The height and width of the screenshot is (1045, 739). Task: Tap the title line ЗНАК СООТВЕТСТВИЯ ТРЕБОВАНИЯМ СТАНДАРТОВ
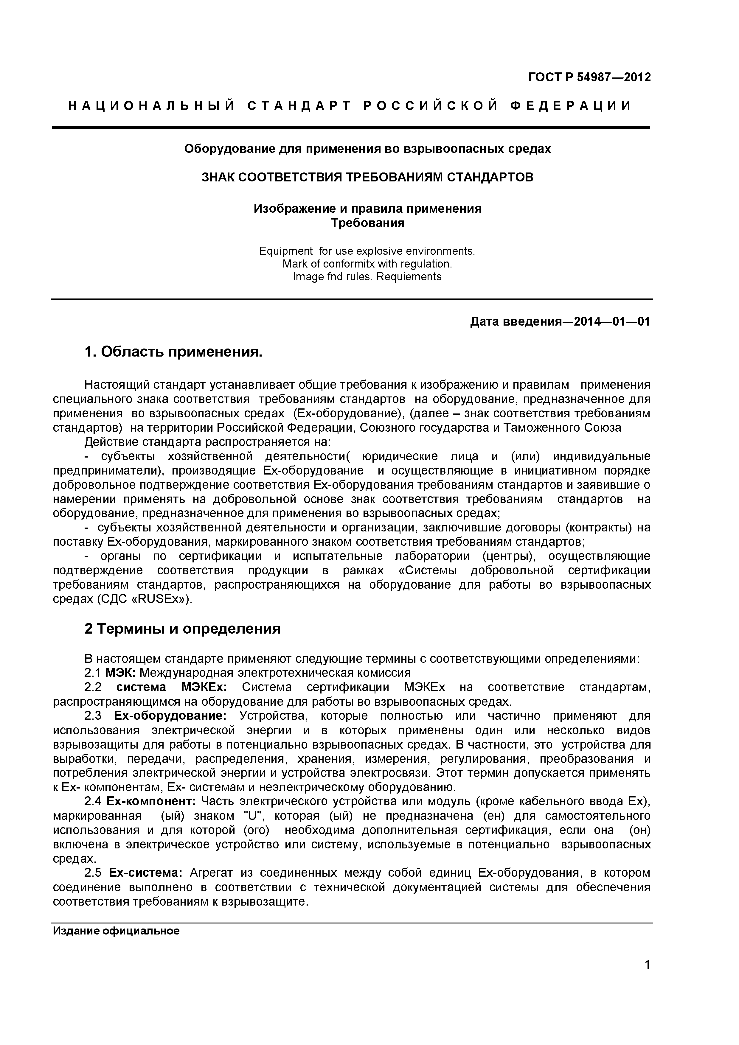coord(367,177)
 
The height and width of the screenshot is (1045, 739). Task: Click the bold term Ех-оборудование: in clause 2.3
coord(170,716)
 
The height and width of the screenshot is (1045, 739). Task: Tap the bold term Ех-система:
coord(146,873)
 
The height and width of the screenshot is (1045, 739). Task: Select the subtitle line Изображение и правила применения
coord(367,209)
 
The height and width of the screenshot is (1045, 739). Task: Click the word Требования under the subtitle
coord(367,223)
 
